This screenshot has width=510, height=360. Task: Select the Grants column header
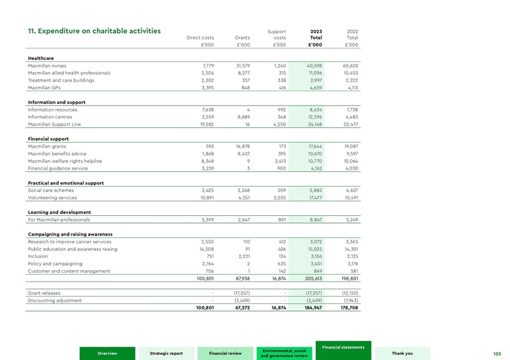pyautogui.click(x=242, y=38)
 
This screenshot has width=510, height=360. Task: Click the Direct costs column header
pyautogui.click(x=200, y=38)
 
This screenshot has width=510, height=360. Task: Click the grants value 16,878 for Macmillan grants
pyautogui.click(x=239, y=146)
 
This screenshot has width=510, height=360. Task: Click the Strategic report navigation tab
pyautogui.click(x=166, y=354)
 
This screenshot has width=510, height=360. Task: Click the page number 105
pyautogui.click(x=498, y=354)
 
